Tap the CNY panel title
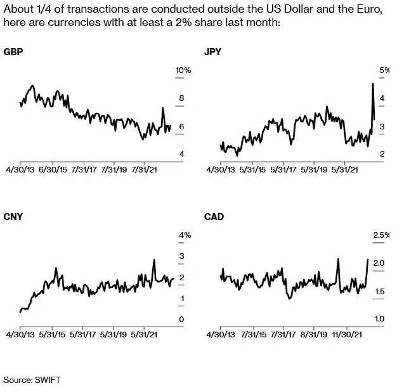coord(13,216)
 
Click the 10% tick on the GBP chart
coord(183,70)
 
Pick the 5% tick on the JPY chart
coord(383,70)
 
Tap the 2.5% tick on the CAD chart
coord(381,235)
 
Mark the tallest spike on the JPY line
coord(372,84)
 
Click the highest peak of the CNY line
coord(154,259)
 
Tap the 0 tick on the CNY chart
coord(181,319)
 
